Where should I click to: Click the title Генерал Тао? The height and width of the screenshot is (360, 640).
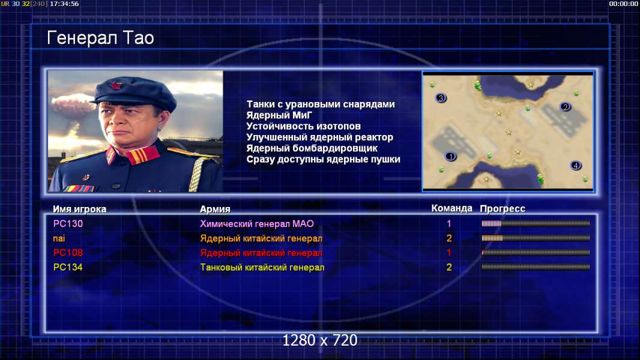pos(100,38)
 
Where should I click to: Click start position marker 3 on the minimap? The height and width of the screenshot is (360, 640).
pos(441,98)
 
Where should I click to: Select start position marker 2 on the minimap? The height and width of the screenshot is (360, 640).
pos(566,107)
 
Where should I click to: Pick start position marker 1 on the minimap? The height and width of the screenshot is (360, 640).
pos(451,156)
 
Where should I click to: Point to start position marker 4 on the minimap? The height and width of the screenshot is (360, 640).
pos(576,166)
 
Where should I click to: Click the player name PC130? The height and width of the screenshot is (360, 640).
pos(68,224)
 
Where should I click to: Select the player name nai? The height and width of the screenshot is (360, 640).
pos(59,239)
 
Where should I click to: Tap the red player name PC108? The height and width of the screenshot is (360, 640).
pos(68,253)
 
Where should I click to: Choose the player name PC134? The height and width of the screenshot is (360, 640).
pos(68,268)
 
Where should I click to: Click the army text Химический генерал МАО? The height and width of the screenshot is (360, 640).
pos(257,224)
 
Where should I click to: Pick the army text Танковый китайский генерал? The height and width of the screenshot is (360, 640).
pos(262,268)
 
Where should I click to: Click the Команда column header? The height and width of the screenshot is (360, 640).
pos(451,208)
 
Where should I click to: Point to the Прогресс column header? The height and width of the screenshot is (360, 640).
pos(503,209)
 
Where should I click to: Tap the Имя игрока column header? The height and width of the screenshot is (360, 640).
pos(80,209)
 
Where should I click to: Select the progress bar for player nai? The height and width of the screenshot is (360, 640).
pos(536,238)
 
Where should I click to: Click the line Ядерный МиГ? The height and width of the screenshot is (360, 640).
pos(279,115)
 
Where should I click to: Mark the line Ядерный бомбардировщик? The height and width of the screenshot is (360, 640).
pos(312,148)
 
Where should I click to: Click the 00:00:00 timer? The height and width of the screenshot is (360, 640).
pos(623,4)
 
